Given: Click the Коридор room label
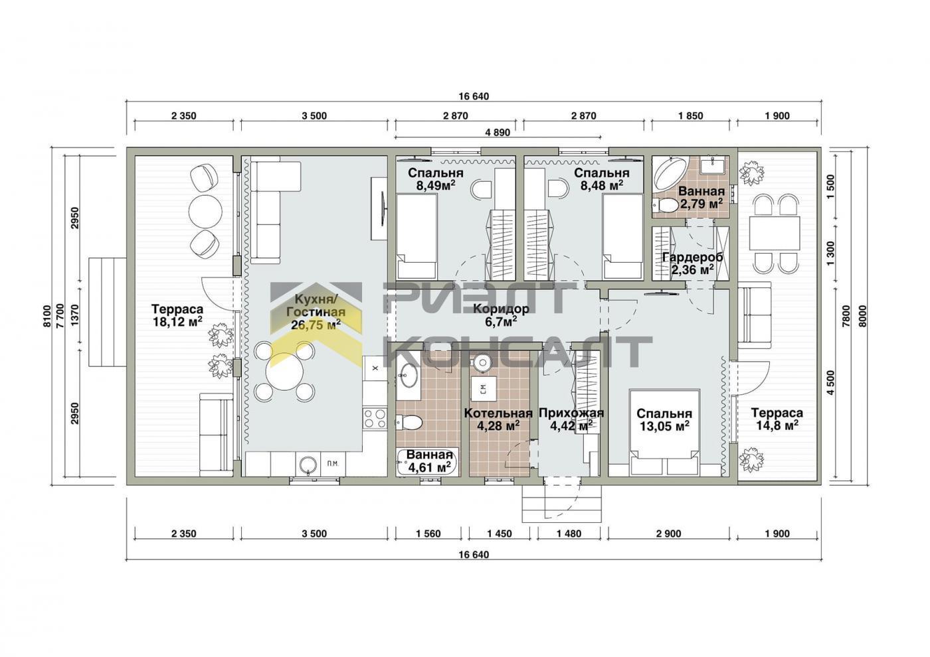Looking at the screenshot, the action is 501,309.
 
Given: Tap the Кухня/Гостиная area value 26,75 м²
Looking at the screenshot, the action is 316,325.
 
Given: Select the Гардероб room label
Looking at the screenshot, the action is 692,257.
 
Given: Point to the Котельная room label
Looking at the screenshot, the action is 498,413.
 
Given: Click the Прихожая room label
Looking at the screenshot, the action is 571,413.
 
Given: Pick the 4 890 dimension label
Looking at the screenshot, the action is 498,133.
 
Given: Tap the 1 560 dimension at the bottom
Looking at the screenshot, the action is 428,534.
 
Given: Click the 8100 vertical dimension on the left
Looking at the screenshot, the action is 46,316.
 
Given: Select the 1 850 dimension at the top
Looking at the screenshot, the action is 690,115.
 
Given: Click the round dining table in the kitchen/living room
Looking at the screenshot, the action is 283,371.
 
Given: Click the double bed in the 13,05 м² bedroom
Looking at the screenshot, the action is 665,432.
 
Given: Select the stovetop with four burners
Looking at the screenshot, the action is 375,419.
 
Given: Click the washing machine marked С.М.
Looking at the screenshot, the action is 484,389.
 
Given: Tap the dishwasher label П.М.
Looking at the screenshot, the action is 333,464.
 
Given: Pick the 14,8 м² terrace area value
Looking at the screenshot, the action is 777,425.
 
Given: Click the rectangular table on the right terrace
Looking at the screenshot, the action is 775,233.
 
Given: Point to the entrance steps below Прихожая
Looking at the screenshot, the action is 562,503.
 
